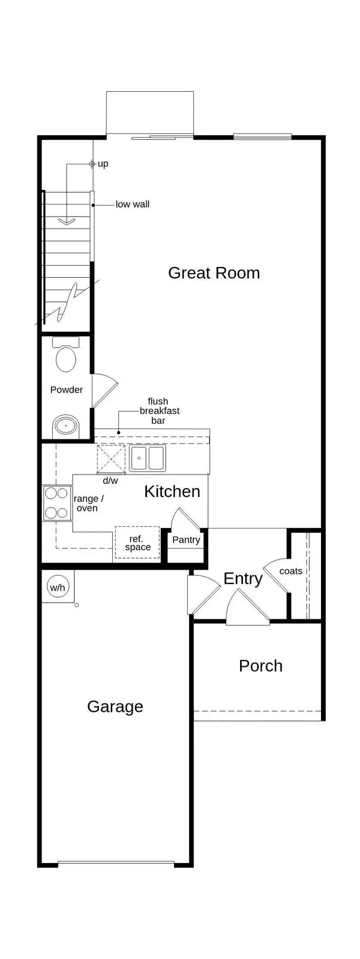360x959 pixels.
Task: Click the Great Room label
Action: click(x=214, y=273)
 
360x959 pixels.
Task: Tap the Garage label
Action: click(x=115, y=706)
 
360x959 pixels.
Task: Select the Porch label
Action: click(x=260, y=666)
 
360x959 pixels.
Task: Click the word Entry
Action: click(x=243, y=579)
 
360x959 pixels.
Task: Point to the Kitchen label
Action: click(x=172, y=492)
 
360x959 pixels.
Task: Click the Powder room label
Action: click(x=67, y=389)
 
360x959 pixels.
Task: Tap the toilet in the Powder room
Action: click(x=65, y=356)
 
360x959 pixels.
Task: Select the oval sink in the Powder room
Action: click(x=65, y=427)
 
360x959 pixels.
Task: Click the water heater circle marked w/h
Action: click(x=58, y=588)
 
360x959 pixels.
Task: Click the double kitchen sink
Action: click(x=148, y=458)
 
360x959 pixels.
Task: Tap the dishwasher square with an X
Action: click(x=110, y=459)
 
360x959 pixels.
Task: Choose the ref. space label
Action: click(x=137, y=543)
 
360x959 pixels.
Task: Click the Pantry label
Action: click(x=186, y=540)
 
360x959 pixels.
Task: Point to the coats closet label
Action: click(x=291, y=571)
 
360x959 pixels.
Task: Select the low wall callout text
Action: click(x=133, y=204)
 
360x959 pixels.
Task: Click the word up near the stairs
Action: click(x=103, y=164)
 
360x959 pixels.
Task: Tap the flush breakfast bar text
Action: click(x=159, y=411)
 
